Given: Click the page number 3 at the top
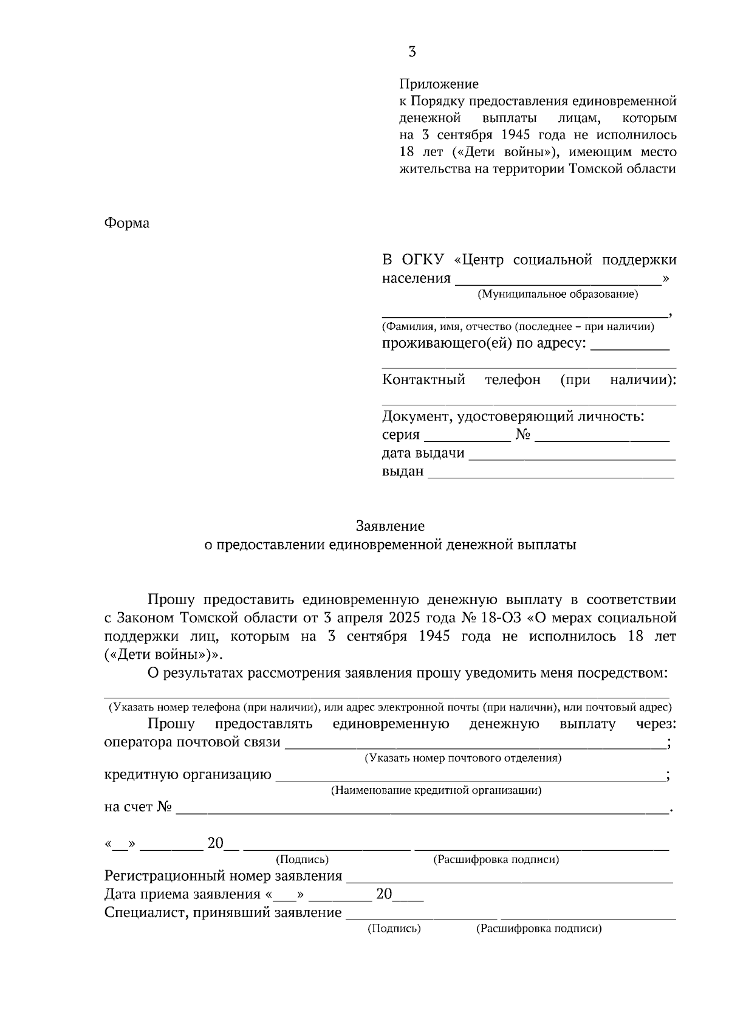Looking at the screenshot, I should (x=412, y=52).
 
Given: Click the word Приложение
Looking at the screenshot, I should (x=439, y=84).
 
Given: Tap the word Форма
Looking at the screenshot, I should (x=127, y=223).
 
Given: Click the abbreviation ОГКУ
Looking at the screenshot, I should (x=423, y=260).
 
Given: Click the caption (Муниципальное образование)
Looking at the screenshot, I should (x=558, y=295).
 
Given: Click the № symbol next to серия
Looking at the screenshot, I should (x=523, y=435).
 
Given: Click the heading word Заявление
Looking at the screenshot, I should (x=390, y=526).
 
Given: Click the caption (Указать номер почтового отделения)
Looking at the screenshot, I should (x=463, y=759).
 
